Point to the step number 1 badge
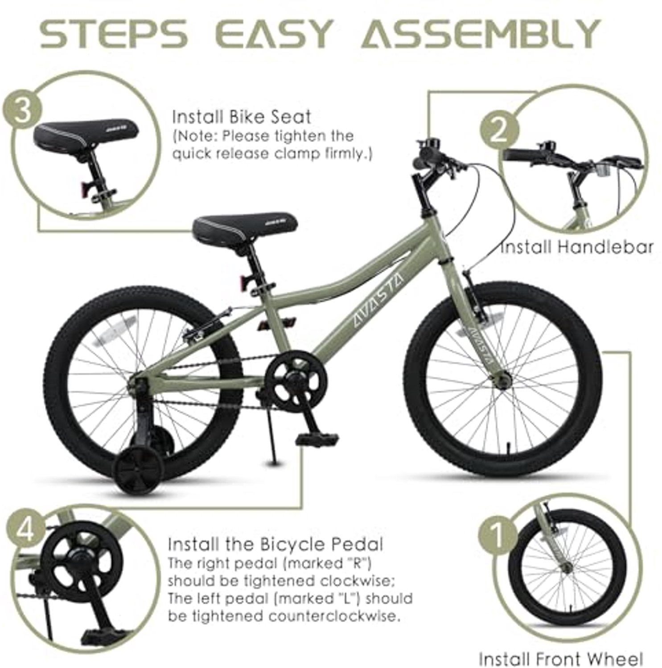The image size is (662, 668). pyautogui.click(x=498, y=533)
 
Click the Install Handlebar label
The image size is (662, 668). pyautogui.click(x=577, y=247)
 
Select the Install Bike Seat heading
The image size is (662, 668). pyautogui.click(x=242, y=117)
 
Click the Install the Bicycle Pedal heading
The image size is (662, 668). pyautogui.click(x=275, y=544)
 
